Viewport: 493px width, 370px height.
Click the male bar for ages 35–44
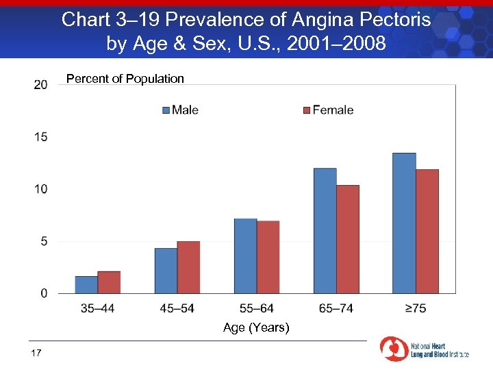pos(86,284)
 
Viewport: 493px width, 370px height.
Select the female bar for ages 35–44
pos(109,282)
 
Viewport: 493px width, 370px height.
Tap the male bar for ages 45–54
pos(166,271)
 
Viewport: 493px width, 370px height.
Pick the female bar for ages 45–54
pos(188,267)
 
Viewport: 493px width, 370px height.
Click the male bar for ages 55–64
pos(245,256)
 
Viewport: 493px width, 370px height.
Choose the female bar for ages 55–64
pos(268,257)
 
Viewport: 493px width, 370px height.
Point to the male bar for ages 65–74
pos(325,231)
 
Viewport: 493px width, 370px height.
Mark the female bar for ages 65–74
pos(348,239)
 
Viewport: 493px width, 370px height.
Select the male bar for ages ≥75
pos(404,223)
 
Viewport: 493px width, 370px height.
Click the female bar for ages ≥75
pos(427,232)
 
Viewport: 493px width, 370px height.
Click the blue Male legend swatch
pos(166,110)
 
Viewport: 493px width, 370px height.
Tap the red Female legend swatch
pos(307,110)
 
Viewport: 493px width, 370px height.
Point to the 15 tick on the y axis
pos(40,137)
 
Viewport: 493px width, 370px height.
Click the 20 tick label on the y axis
pos(40,84)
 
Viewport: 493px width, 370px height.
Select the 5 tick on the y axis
pos(44,241)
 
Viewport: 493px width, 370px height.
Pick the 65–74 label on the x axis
pos(336,308)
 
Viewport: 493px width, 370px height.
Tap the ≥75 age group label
pos(416,308)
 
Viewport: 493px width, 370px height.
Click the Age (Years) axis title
pos(256,328)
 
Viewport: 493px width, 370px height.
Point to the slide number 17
pos(36,353)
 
